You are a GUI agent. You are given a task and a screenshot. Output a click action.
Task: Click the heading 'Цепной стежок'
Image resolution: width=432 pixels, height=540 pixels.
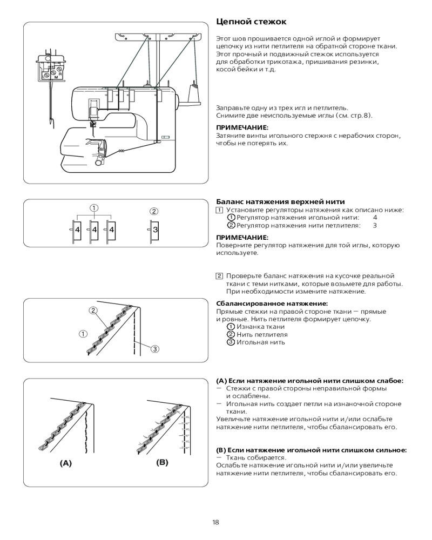coord(251,22)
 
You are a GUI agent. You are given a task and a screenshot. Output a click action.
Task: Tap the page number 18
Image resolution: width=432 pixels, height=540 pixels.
coord(215,522)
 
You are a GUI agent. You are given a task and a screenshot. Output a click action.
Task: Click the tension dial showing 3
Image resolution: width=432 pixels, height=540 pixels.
coord(155,230)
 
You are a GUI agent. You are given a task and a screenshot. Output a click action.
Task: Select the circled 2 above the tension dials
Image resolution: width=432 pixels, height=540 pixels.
coord(154,211)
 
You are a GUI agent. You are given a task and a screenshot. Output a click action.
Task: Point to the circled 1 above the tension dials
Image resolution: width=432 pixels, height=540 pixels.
coord(93,207)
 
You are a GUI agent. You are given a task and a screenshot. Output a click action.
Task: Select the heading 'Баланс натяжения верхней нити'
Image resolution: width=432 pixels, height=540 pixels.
coord(280,201)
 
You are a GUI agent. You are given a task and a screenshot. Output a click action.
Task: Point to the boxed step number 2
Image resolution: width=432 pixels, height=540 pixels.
coord(219,276)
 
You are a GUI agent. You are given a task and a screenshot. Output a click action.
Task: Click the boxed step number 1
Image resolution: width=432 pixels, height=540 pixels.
coord(219,210)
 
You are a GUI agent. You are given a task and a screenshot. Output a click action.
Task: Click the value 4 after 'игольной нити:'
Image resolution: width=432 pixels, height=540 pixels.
coord(374,218)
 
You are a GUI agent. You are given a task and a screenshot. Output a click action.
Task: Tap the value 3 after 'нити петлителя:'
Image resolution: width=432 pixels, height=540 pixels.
coord(374,225)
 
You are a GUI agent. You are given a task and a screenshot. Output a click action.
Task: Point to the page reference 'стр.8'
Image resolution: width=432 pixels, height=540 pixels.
coord(361,116)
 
